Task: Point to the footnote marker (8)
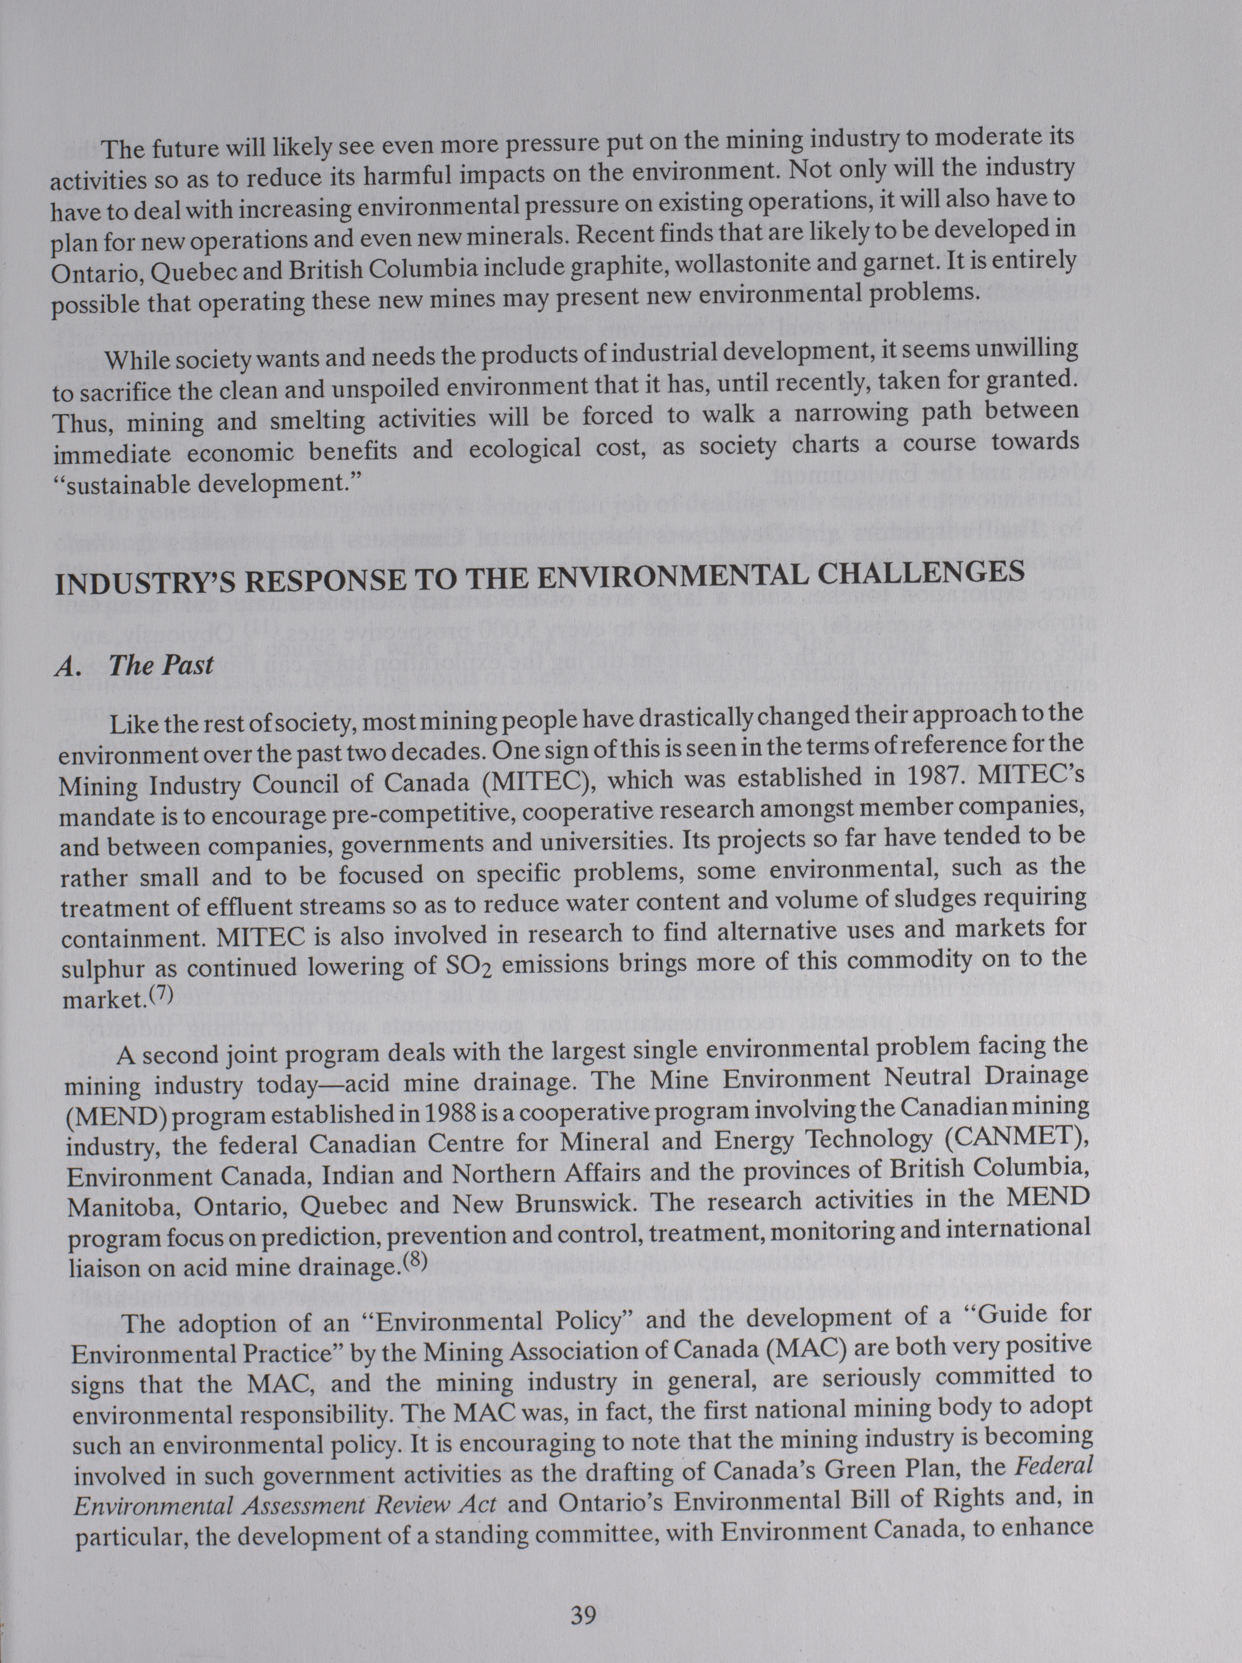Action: coord(413,1261)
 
